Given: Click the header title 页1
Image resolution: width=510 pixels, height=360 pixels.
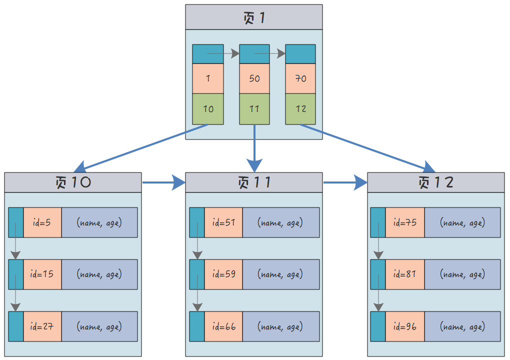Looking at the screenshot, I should coord(254,18).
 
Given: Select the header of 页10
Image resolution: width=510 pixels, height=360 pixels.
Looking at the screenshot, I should coord(73,182).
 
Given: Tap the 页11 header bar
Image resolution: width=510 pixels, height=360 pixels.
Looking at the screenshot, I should coord(254,182).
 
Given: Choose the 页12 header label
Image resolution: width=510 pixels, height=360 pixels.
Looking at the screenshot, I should coord(436,182).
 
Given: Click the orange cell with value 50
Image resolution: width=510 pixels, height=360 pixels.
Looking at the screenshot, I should coord(254,78).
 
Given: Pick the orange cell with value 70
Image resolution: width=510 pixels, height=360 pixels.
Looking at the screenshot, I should coord(300,78).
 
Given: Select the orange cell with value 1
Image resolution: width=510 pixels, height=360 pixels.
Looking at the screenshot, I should coord(208,78).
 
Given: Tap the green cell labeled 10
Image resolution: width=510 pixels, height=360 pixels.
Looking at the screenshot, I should coord(208,109).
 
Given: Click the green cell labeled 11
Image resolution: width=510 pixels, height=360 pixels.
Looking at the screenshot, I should coord(254,109).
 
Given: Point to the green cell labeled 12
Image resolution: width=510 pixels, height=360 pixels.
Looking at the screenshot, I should coord(300,109).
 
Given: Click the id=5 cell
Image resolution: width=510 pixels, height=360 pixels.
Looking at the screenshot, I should coord(42,222).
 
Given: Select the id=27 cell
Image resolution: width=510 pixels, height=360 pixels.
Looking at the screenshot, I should coord(42,326).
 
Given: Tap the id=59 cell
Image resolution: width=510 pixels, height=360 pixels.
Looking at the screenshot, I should coord(223,274).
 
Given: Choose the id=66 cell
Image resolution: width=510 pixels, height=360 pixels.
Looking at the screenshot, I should coord(223,326).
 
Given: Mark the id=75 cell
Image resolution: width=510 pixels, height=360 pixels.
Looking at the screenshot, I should coord(404,222).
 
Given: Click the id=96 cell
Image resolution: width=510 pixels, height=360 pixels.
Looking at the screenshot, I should coord(404,326).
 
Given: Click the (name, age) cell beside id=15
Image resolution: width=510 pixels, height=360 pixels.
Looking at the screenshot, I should coord(99,274).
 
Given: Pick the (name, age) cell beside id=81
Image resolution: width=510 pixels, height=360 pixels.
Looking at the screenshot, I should coord(462,274).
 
